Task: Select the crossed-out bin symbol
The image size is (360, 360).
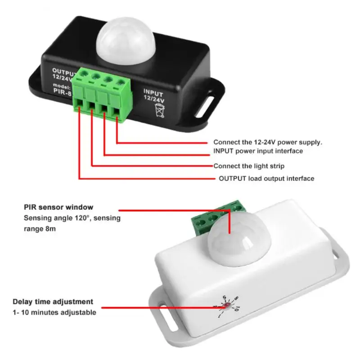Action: [x=160, y=109]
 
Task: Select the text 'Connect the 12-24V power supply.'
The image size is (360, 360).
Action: [x=268, y=142]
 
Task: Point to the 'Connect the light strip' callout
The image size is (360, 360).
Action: [x=249, y=166]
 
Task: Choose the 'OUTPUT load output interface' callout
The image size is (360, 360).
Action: [x=266, y=179]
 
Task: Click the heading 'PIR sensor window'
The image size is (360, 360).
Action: [x=58, y=207]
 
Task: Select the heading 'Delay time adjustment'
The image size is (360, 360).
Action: [x=53, y=302]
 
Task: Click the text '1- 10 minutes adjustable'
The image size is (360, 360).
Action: [x=54, y=312]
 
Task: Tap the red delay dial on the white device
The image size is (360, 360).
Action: [x=228, y=307]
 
